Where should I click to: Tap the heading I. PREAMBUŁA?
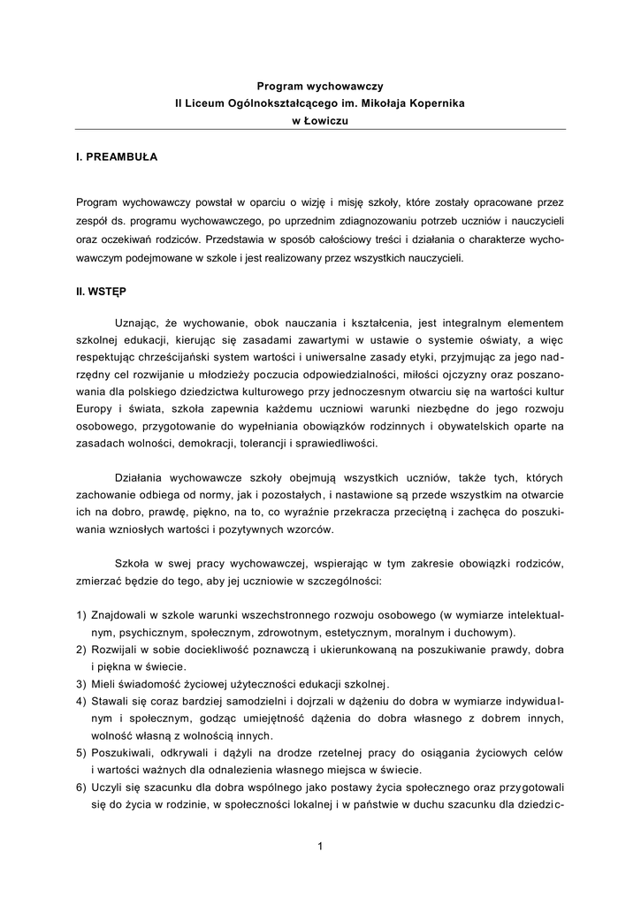pos(117,156)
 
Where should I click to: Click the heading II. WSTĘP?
pos(103,290)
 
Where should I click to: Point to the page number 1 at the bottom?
pos(320,847)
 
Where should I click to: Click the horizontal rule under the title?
pos(320,130)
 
